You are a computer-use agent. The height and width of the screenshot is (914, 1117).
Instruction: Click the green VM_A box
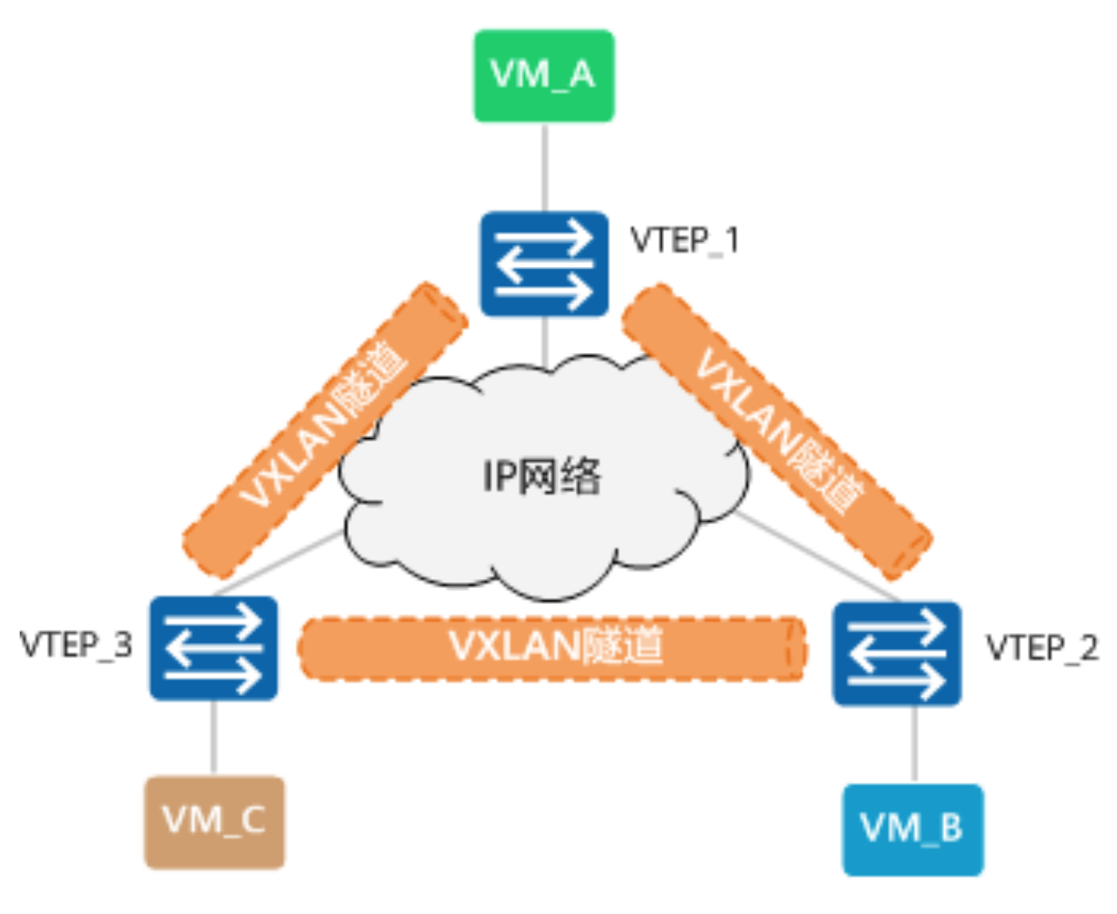(544, 76)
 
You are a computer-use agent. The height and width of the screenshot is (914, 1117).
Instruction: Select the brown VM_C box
(215, 821)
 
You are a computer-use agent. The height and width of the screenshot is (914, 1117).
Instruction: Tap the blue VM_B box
(912, 830)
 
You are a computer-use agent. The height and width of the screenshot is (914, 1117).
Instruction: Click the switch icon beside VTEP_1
(544, 264)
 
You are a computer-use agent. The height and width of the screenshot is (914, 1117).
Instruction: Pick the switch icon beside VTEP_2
(897, 654)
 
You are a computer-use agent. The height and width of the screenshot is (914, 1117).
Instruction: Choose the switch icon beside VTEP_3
(214, 648)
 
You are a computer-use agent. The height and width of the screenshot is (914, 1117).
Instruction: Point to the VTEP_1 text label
(685, 241)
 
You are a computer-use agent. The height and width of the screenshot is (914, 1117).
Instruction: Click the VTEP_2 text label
(1041, 648)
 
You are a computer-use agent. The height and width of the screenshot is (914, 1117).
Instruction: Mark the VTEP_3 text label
(75, 645)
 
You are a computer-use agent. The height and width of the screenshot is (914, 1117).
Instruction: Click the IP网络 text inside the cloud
(541, 476)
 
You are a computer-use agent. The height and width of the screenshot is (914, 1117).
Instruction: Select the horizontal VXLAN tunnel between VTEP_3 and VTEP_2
(554, 648)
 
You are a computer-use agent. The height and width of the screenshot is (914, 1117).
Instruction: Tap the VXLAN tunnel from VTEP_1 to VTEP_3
(324, 430)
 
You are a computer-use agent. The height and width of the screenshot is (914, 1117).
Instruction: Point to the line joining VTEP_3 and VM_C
(214, 737)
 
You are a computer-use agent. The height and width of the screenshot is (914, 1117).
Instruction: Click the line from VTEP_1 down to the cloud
(545, 340)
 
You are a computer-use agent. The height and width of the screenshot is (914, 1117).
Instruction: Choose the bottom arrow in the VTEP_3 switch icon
(215, 676)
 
